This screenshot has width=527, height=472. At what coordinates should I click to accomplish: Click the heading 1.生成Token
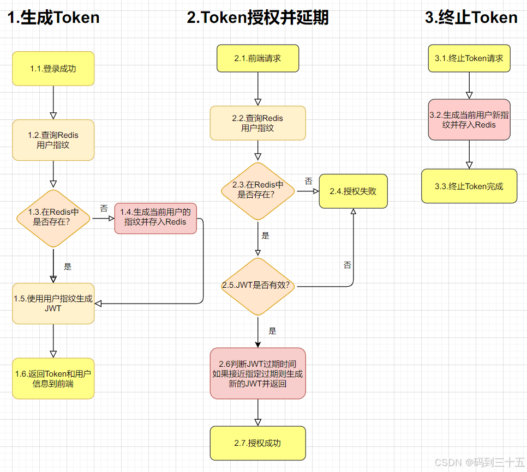[53, 17]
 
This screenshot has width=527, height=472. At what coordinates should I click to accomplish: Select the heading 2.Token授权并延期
[258, 17]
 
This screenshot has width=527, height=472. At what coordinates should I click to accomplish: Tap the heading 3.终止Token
[471, 17]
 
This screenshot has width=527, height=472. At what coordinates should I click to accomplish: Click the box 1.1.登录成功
[53, 69]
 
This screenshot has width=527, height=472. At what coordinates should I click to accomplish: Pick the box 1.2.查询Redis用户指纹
[53, 140]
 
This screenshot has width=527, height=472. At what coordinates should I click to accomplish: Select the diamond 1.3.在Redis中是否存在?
[53, 219]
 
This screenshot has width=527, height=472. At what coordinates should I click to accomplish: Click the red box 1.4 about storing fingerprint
[155, 218]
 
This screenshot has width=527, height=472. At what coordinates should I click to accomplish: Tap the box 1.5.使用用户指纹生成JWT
[53, 304]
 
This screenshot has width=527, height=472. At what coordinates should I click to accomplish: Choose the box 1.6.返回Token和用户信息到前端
[53, 378]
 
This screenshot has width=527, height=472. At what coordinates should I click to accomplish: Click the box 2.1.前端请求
[258, 58]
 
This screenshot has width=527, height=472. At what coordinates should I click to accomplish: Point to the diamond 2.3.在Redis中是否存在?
[258, 191]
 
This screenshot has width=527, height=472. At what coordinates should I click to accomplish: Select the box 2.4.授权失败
[353, 191]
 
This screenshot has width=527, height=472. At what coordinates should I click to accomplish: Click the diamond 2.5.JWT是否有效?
[258, 286]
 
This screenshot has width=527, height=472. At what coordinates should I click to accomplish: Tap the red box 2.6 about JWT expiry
[258, 373]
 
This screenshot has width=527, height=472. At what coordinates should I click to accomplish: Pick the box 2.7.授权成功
[258, 443]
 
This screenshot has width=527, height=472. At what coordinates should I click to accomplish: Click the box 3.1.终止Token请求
[469, 58]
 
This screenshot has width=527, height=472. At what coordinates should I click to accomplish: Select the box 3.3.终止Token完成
[469, 186]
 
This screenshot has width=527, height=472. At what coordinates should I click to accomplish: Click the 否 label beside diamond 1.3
[104, 208]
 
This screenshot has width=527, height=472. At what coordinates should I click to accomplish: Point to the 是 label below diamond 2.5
[272, 331]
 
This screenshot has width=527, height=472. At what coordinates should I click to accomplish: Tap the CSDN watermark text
[480, 462]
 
